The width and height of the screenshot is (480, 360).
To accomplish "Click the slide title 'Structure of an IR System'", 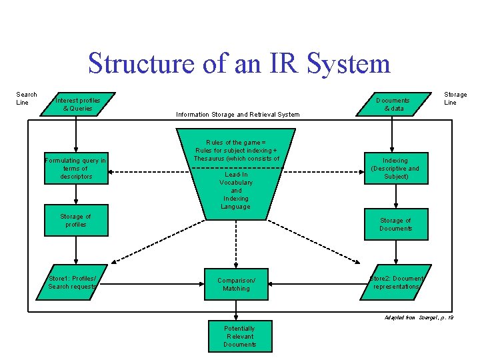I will pos(239,63).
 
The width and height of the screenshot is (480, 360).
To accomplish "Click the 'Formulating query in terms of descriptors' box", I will pos(75,169).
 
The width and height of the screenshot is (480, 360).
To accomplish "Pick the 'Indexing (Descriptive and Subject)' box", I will pos(395,169).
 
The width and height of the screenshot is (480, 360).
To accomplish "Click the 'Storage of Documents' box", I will pos(395,224).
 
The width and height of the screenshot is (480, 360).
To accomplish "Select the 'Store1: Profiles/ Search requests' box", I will pos(73,282).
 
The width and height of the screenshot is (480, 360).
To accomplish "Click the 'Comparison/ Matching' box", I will pos(236,285).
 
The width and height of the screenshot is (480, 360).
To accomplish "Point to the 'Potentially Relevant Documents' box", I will pos(239,337).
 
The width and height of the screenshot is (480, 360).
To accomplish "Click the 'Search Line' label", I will pos(27,99).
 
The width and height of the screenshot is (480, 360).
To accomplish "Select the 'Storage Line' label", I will pos(455,99).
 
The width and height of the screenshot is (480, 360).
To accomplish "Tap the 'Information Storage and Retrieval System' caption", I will pos(237,115).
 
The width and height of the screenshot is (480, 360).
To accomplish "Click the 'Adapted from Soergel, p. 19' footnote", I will pos(419,317).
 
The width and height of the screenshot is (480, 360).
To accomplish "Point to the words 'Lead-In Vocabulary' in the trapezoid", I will pos(236,179).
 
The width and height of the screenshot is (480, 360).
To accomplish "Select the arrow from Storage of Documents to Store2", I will pos(396,250).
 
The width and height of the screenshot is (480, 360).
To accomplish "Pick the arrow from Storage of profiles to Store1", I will pos(76,248).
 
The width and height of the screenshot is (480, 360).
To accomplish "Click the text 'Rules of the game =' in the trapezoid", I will pos(235,143).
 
